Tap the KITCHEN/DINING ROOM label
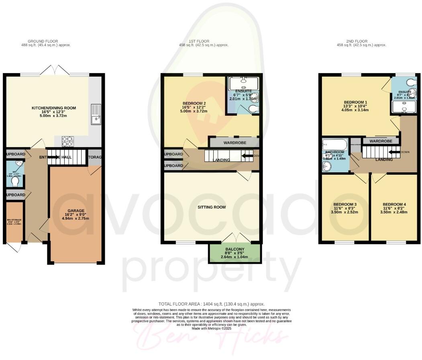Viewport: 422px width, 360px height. pyautogui.click(x=54, y=108)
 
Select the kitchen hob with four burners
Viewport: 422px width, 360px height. pyautogui.click(x=67, y=141)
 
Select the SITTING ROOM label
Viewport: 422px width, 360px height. pyautogui.click(x=211, y=207)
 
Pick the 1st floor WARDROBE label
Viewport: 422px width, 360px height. pyautogui.click(x=233, y=143)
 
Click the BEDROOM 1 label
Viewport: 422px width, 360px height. pyautogui.click(x=350, y=102)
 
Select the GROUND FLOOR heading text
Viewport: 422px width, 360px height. pyautogui.click(x=43, y=41)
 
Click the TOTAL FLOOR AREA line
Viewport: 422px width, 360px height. pyautogui.click(x=211, y=304)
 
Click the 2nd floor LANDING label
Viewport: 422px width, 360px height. pyautogui.click(x=383, y=160)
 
